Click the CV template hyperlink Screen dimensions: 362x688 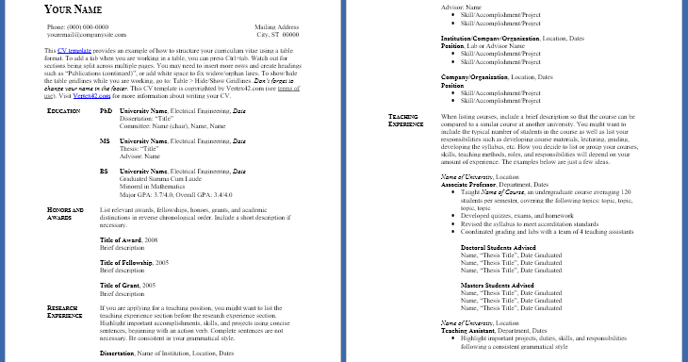(x=75, y=49)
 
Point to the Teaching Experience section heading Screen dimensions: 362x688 (x=407, y=120)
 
